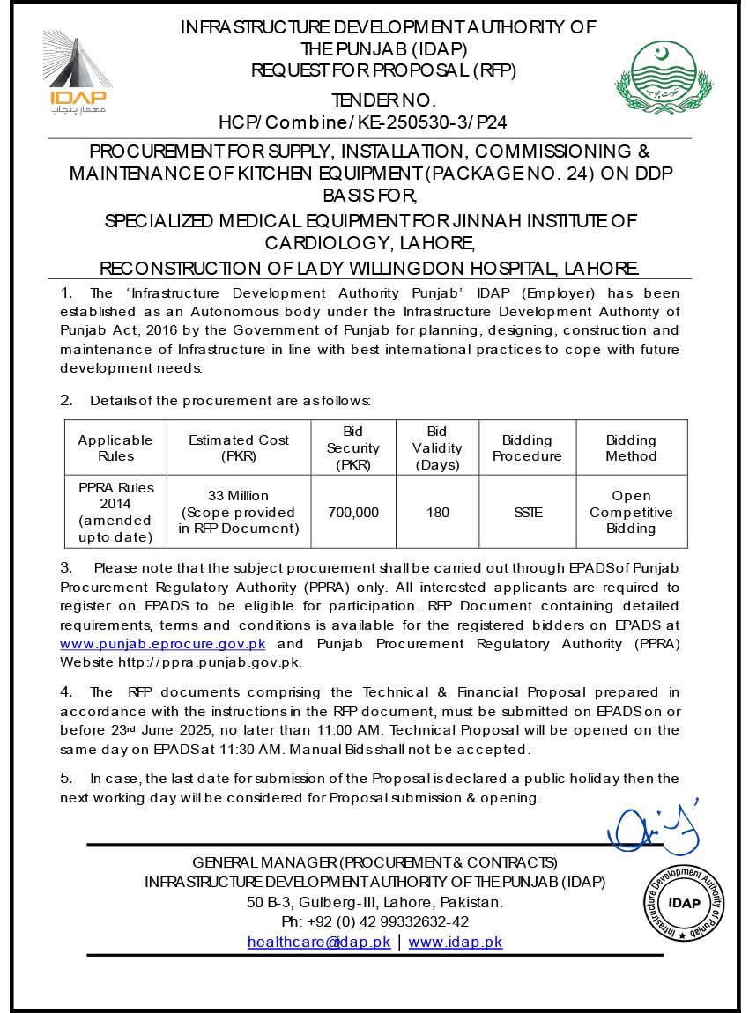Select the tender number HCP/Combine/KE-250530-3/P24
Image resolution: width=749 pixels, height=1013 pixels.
click(x=362, y=121)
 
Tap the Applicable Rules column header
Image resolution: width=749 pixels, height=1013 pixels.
click(x=115, y=447)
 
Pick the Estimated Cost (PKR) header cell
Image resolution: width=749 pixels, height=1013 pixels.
click(x=239, y=447)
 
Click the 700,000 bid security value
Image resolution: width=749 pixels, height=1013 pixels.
click(x=353, y=512)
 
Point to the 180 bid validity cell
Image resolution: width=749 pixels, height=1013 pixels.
click(x=437, y=512)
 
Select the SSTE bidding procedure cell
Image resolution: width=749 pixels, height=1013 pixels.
click(x=527, y=512)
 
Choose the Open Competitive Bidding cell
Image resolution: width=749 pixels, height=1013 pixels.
click(x=631, y=512)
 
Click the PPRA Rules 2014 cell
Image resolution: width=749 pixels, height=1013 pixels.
click(x=115, y=512)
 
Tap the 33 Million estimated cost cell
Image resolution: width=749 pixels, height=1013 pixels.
click(x=239, y=512)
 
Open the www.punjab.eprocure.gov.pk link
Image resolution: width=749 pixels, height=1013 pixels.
click(x=163, y=644)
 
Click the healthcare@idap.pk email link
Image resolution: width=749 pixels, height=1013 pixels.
click(x=319, y=942)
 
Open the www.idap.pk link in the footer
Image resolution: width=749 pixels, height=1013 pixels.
click(x=456, y=942)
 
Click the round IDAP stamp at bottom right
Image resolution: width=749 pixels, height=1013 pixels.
click(x=684, y=901)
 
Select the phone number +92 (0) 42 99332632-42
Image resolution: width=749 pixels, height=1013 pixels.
click(x=374, y=921)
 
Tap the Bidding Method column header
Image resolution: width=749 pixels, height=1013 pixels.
click(x=631, y=447)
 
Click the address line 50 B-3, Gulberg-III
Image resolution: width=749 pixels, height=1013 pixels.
click(x=374, y=902)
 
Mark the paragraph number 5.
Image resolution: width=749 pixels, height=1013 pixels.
click(x=66, y=778)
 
